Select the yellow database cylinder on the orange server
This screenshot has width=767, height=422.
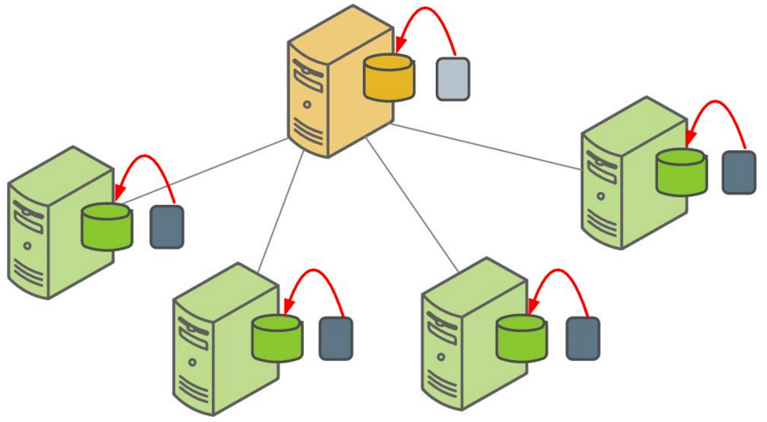(389, 78)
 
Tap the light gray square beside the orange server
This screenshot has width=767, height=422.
(452, 79)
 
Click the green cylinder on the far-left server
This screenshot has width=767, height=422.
(107, 226)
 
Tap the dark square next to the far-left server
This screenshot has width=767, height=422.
(166, 227)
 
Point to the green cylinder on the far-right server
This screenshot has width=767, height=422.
(681, 172)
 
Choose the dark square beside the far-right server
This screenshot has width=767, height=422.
(739, 172)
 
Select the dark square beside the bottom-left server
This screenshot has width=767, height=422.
(335, 339)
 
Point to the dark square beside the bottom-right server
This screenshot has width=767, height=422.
(583, 339)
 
